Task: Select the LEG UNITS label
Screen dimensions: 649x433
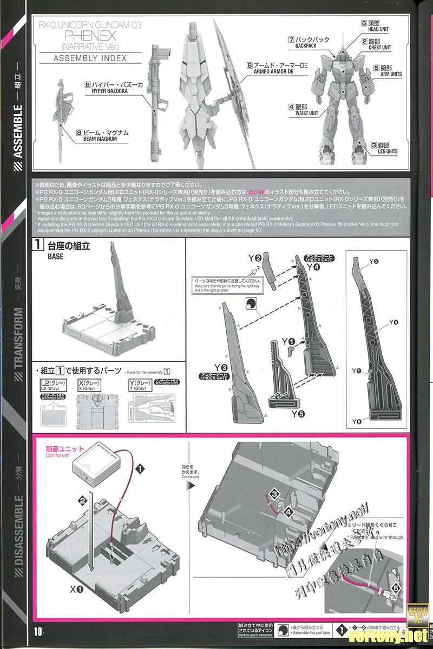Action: tap(384, 151)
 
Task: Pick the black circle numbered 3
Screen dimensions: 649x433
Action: tap(274, 493)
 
